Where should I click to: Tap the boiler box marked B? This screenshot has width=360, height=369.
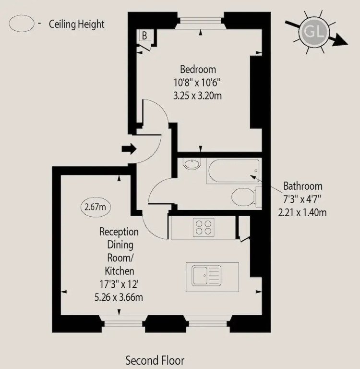[x=144, y=36]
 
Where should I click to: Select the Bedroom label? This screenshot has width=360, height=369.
[x=198, y=69]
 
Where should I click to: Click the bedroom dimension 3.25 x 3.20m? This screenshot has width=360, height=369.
[x=198, y=95]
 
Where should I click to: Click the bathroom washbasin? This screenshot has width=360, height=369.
[x=193, y=165]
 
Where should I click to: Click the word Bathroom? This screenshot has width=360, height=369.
[x=302, y=186]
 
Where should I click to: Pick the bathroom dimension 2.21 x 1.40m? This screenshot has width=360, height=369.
[x=302, y=212]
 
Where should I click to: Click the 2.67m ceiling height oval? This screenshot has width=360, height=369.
[x=95, y=208]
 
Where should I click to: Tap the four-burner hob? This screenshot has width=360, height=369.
[x=204, y=227]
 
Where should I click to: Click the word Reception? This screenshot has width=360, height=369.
[x=119, y=232]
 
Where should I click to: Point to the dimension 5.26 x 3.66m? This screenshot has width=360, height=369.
[x=119, y=297]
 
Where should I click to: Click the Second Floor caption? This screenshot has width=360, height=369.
[x=155, y=360]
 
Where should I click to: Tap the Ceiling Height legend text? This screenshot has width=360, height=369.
[x=77, y=24]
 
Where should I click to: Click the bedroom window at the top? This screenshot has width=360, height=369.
[x=201, y=22]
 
